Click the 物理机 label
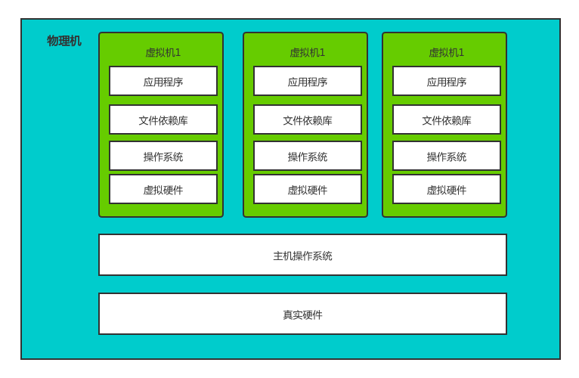(x=64, y=41)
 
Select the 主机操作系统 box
(x=302, y=255)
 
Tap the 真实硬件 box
(x=302, y=314)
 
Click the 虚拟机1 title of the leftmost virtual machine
(x=163, y=53)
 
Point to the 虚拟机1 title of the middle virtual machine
(x=308, y=53)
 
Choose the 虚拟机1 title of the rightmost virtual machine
(x=447, y=53)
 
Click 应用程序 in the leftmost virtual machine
(x=163, y=82)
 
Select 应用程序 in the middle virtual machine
(x=308, y=82)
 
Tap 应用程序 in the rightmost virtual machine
(x=447, y=82)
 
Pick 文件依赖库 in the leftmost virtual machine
(x=163, y=120)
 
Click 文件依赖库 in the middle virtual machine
(x=308, y=120)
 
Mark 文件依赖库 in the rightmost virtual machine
(x=447, y=120)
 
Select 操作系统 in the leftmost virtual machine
(x=163, y=156)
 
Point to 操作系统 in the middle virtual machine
(x=308, y=156)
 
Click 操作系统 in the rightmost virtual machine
(x=447, y=156)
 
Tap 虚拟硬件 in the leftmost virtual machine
(x=163, y=190)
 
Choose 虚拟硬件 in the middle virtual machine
(x=308, y=190)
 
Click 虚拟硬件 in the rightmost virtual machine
(x=447, y=190)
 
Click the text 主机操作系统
(x=302, y=256)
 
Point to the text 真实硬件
(x=302, y=315)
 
